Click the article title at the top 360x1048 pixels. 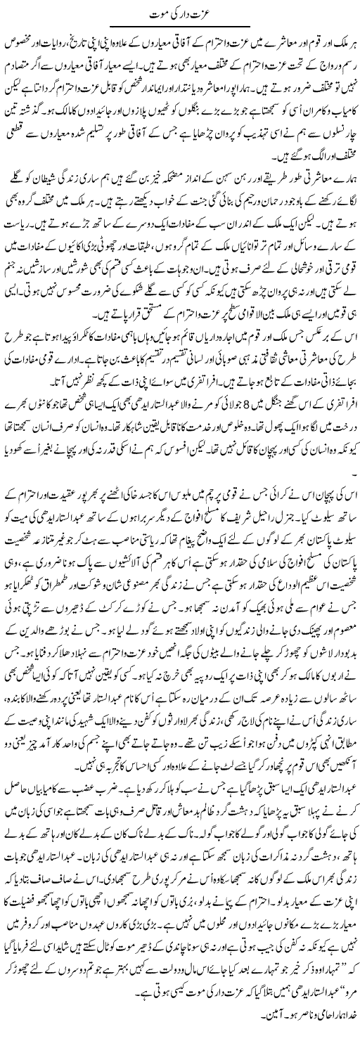[x=179, y=13]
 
